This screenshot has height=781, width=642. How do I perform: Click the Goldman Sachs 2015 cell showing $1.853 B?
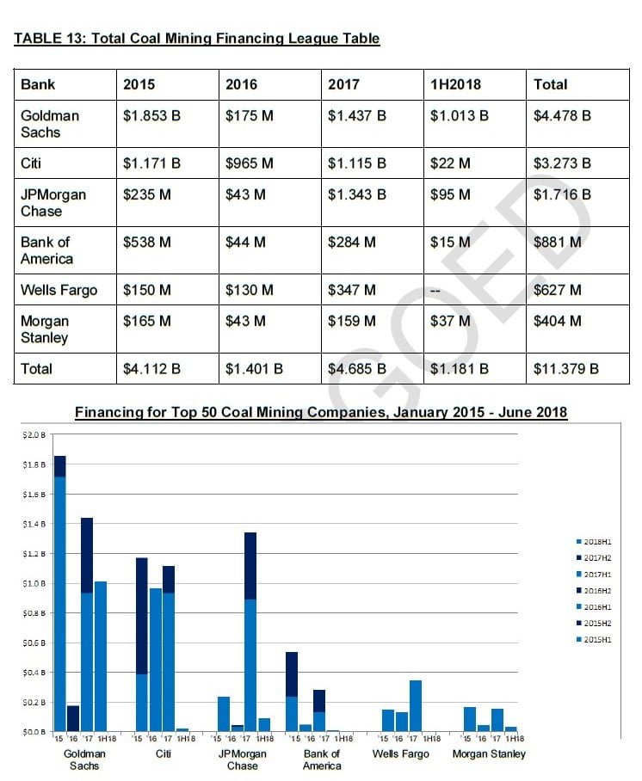coord(151,115)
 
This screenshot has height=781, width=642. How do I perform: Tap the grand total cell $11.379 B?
coord(565,369)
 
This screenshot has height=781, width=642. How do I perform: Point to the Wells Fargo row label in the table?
coord(59,290)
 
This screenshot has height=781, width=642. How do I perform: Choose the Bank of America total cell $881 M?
coord(557,243)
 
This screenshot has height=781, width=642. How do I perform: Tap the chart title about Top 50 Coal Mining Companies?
coord(321,413)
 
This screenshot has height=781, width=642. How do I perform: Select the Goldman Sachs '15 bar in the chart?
coord(59,593)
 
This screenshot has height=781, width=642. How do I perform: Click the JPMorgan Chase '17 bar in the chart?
coord(250,632)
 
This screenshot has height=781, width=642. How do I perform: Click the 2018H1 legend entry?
coord(595,542)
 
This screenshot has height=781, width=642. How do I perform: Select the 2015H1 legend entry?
coord(595,639)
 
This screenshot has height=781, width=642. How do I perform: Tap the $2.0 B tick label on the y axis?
coord(34,435)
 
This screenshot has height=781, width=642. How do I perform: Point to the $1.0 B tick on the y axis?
coord(34,583)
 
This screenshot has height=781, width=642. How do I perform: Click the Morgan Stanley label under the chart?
coord(488,754)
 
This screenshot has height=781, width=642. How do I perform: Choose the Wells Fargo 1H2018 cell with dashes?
coord(435,291)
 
